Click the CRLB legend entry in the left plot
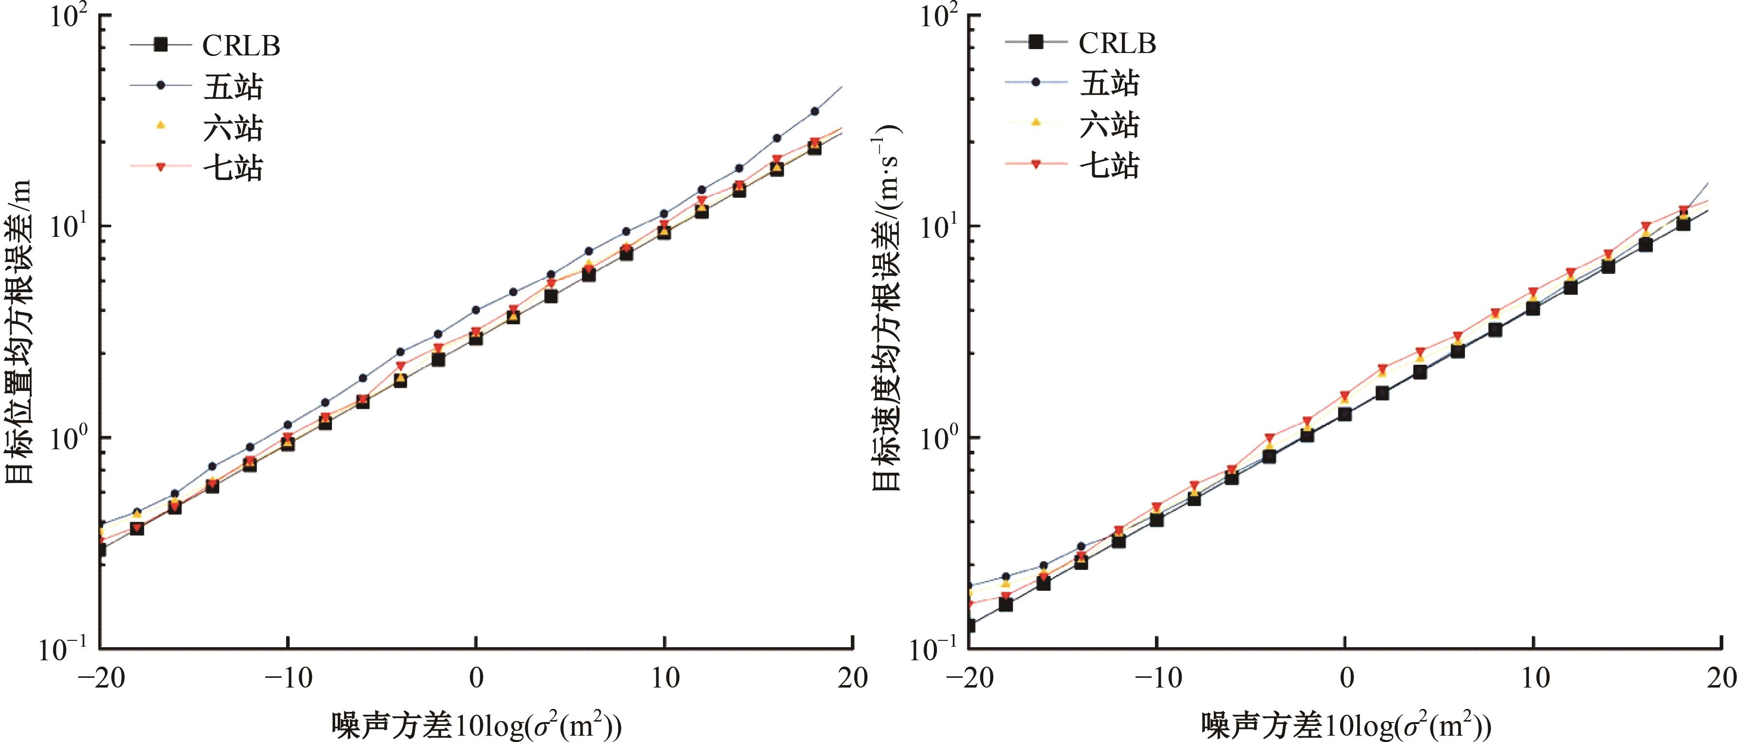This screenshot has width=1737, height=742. (x=241, y=46)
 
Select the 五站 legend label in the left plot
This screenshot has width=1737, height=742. (x=233, y=87)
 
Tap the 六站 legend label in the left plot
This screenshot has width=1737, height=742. (x=233, y=127)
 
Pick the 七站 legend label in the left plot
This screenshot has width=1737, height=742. (x=233, y=167)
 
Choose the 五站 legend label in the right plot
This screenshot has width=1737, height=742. (x=1109, y=83)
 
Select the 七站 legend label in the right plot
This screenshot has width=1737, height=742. (x=1109, y=164)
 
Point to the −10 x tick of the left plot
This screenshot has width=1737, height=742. (x=288, y=678)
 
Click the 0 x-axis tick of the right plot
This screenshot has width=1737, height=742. (x=1346, y=678)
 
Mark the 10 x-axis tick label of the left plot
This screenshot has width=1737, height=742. (x=665, y=678)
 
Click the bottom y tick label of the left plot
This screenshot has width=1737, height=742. (x=65, y=649)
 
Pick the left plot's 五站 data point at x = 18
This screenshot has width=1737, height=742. (x=814, y=111)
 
